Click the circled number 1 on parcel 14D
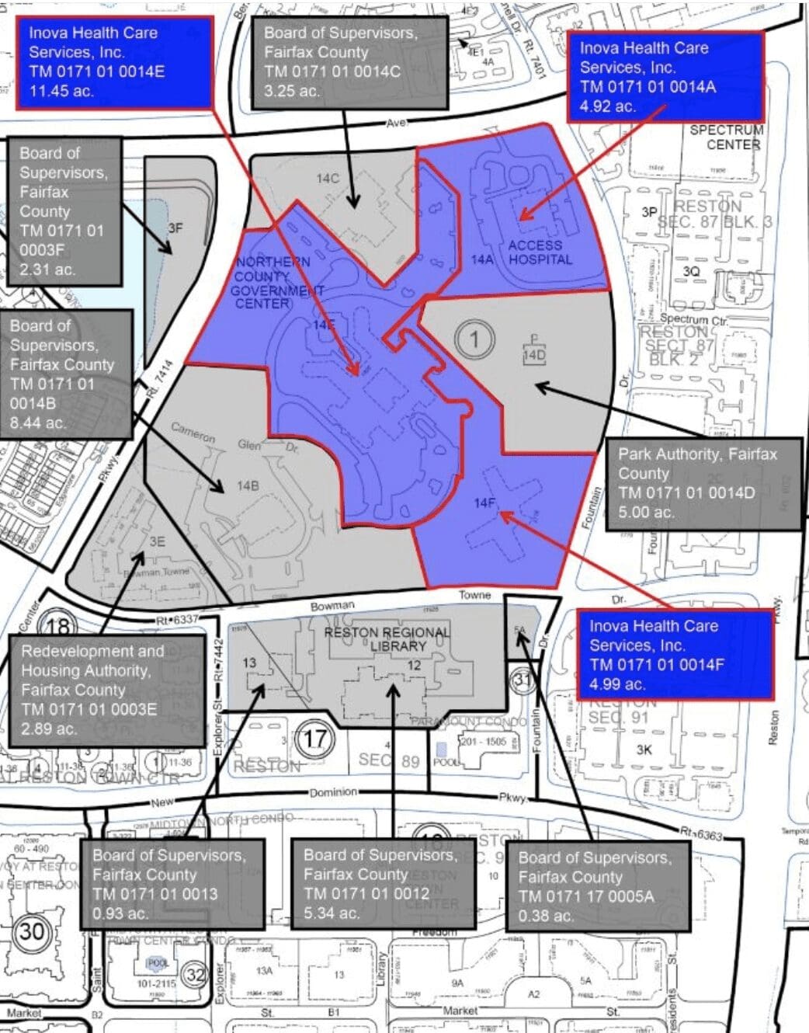[x=474, y=339]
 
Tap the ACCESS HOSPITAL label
[x=540, y=252]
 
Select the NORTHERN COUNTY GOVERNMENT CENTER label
[x=273, y=282]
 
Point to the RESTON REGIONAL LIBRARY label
[x=386, y=638]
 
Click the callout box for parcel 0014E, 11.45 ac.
[x=115, y=62]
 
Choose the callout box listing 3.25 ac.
[x=350, y=62]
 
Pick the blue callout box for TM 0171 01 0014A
[x=665, y=77]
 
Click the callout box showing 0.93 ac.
[x=172, y=884]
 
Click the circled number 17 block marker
[x=314, y=738]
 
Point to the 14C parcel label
[x=328, y=178]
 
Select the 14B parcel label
[x=247, y=486]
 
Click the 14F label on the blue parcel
[x=484, y=503]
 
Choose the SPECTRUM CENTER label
[x=727, y=137]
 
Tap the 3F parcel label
[x=175, y=228]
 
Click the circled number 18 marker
[x=57, y=626]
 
